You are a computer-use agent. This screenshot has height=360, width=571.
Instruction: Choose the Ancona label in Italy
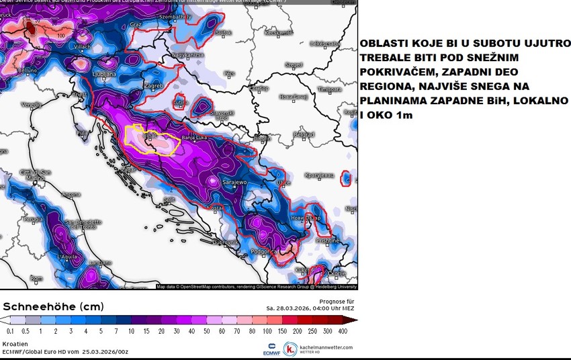71,195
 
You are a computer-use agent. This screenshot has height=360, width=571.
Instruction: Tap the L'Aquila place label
69,257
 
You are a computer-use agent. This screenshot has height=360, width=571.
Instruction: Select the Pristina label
328,240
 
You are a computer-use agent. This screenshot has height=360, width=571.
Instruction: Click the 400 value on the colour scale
343,331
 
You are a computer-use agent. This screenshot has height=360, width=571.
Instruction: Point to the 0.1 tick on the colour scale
9,331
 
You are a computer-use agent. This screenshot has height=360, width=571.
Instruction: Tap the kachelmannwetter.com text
326,347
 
